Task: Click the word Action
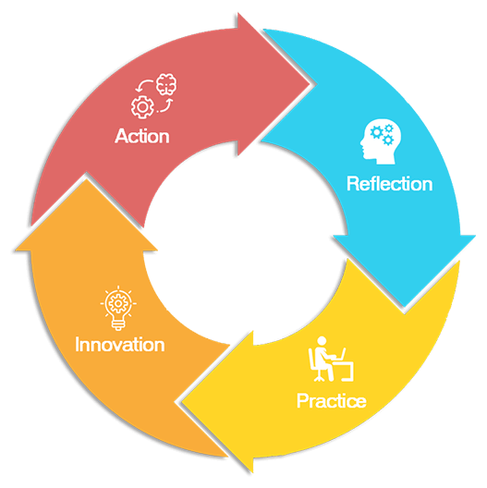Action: click(142, 136)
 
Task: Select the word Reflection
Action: click(390, 184)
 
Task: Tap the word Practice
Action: click(332, 400)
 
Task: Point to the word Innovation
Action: click(120, 345)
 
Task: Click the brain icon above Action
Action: click(166, 84)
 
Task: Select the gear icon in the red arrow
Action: click(142, 107)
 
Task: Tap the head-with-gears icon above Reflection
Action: click(381, 141)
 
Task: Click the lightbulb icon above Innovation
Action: click(118, 308)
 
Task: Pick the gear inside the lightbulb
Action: click(118, 303)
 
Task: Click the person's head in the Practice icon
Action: click(322, 341)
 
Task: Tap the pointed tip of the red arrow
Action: click(310, 84)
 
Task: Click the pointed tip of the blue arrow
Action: click(404, 307)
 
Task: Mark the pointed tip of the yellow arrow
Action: click(182, 402)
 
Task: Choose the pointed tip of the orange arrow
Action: click(86, 178)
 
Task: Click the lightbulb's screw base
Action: click(118, 325)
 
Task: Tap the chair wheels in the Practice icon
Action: click(318, 379)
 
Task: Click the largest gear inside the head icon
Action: click(377, 132)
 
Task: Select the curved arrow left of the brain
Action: click(144, 85)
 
